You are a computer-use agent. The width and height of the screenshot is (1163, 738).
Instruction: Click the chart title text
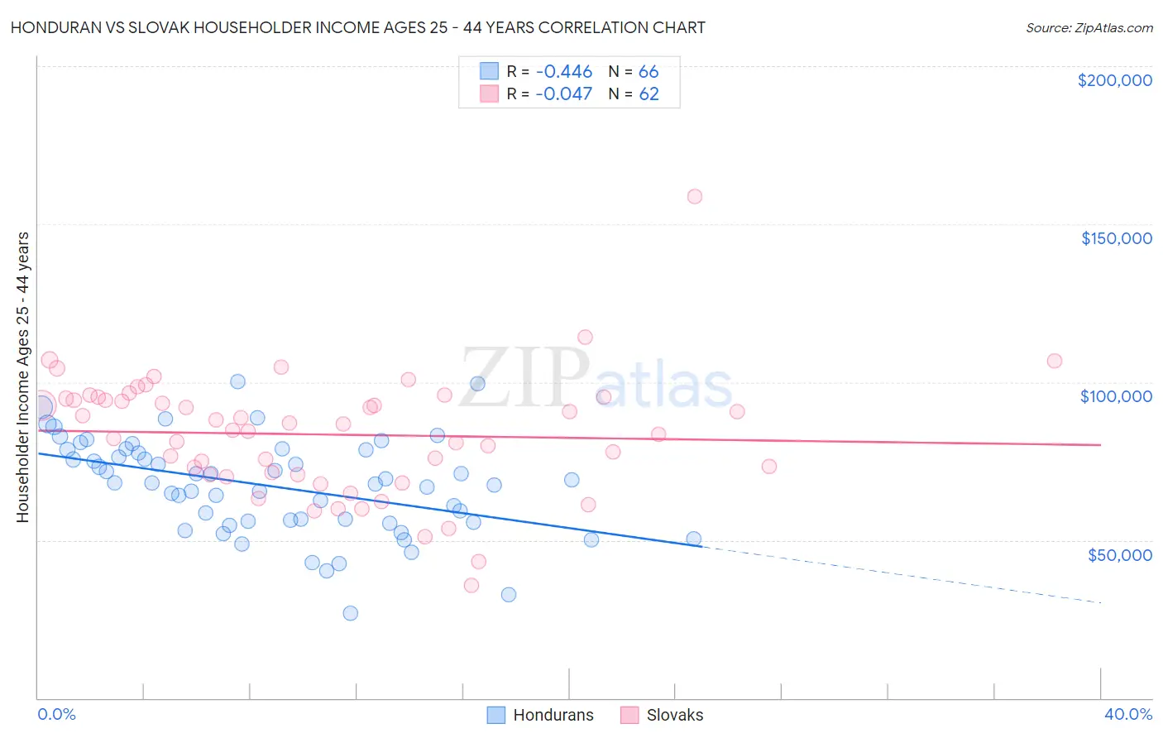tap(357, 27)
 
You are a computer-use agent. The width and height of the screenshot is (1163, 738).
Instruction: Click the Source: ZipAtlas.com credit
tap(1089, 27)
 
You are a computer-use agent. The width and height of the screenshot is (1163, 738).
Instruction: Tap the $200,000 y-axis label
tap(1114, 80)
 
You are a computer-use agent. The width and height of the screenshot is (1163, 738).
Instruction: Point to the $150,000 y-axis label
tap(1116, 238)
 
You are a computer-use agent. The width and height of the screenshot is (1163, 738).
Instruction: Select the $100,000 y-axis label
tap(1116, 396)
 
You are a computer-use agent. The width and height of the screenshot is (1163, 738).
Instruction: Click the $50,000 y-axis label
tap(1119, 554)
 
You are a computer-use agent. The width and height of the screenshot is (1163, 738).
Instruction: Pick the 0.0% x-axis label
tap(56, 714)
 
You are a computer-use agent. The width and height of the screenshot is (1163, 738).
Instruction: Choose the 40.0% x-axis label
tap(1128, 714)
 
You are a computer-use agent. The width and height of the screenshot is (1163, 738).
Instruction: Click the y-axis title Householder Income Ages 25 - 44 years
tap(22, 377)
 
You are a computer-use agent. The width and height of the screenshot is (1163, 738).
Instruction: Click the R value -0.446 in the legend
tap(563, 72)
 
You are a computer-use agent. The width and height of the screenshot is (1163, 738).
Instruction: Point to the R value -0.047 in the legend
tap(563, 94)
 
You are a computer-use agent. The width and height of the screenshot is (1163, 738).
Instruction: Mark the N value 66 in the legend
tap(649, 72)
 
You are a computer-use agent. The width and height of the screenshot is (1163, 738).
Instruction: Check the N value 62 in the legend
tap(649, 94)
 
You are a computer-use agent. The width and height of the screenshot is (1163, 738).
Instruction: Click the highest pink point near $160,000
tap(695, 196)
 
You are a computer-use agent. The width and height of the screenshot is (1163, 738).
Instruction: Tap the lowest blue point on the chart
tap(351, 613)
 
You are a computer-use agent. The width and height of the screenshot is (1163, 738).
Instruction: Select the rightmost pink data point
tap(1055, 361)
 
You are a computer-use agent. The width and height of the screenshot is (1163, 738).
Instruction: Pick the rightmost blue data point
tap(694, 539)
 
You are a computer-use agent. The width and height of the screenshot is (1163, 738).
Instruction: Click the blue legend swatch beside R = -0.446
tap(490, 71)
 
